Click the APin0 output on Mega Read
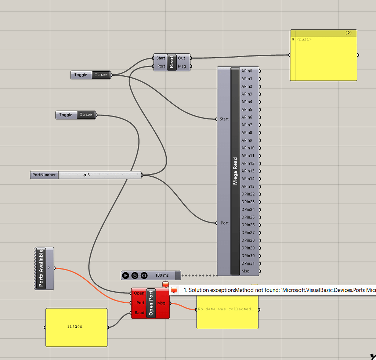[247, 71]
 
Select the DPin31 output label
[248, 263]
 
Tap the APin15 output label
[248, 187]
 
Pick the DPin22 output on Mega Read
[248, 194]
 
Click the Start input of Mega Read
[224, 119]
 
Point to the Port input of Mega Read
[224, 223]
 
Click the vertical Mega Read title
[235, 171]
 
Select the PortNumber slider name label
[44, 175]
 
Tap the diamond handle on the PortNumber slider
[84, 175]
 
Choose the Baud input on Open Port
[139, 313]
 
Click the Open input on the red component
[139, 293]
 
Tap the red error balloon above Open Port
[165, 284]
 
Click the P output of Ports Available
[49, 268]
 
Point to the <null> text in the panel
[304, 39]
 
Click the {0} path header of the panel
[348, 33]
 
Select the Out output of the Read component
[182, 58]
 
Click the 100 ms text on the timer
[162, 275]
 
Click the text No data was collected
[225, 309]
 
